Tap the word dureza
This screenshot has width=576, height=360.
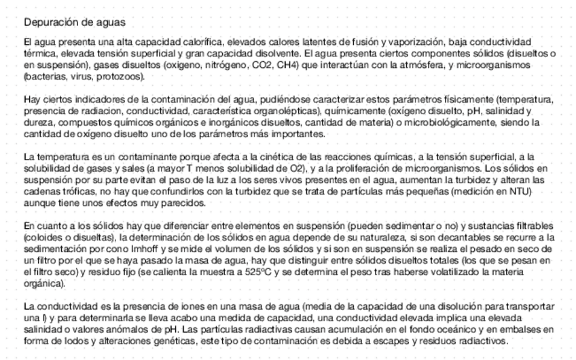pyautogui.click(x=37, y=122)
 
